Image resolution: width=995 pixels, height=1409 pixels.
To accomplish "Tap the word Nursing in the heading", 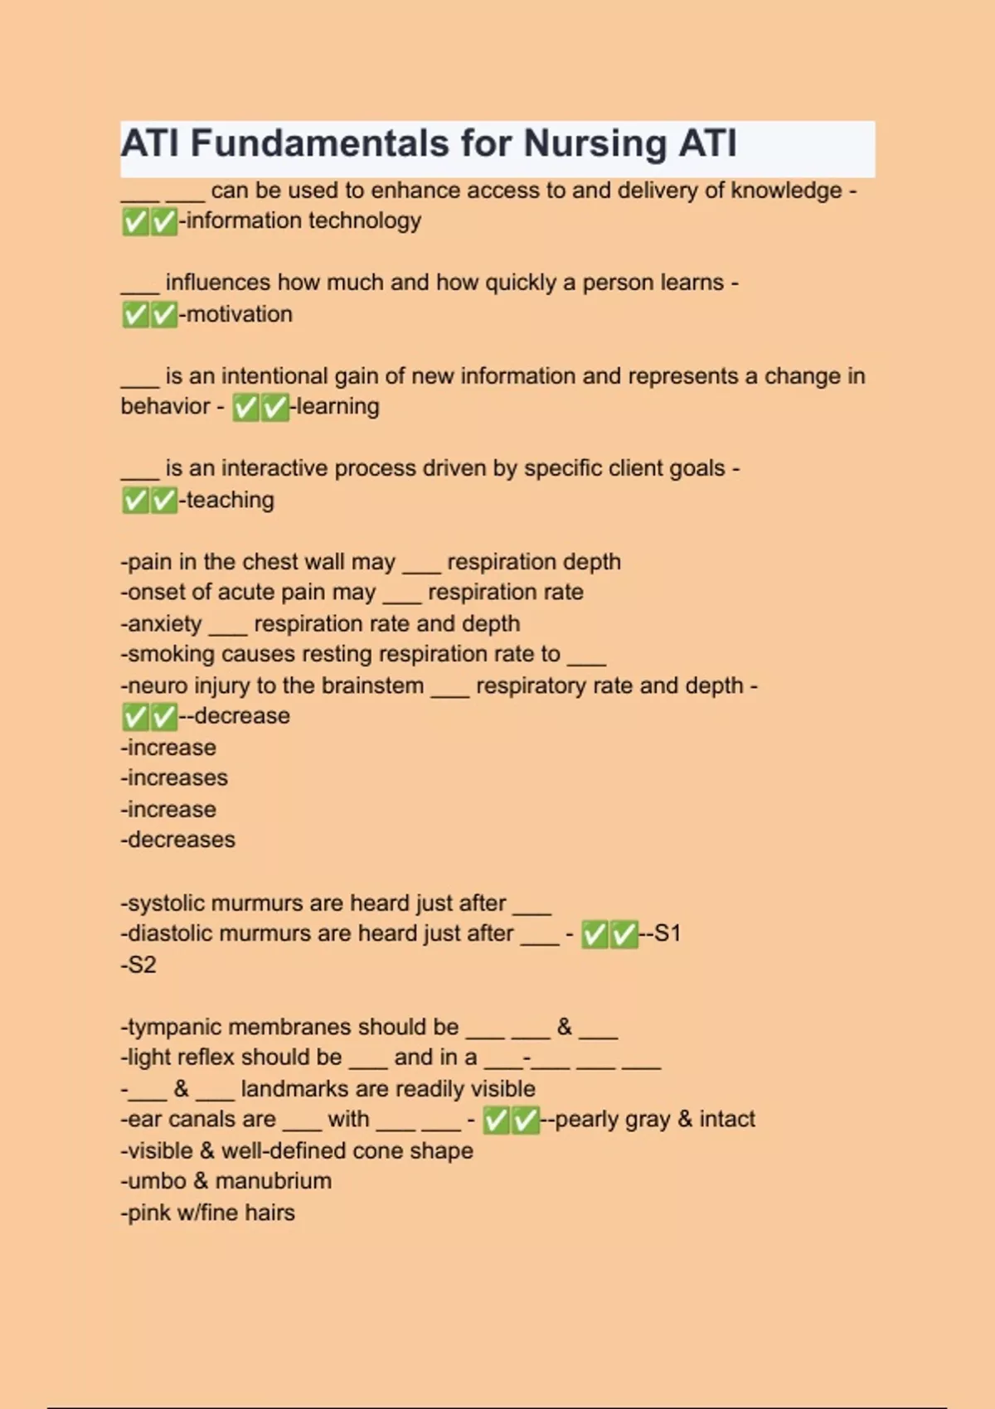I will tap(595, 143).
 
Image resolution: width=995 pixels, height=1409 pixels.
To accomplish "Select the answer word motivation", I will tap(240, 314).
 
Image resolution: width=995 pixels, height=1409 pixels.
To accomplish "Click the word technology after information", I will tap(364, 220).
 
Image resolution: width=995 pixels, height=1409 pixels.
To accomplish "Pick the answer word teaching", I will tap(230, 500).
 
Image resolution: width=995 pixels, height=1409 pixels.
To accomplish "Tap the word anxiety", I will tap(164, 623).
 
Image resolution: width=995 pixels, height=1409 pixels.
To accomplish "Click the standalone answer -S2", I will tap(138, 965).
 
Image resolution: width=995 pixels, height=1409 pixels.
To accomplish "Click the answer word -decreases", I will tap(178, 840).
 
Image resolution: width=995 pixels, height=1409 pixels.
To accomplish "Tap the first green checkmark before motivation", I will tap(134, 315).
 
